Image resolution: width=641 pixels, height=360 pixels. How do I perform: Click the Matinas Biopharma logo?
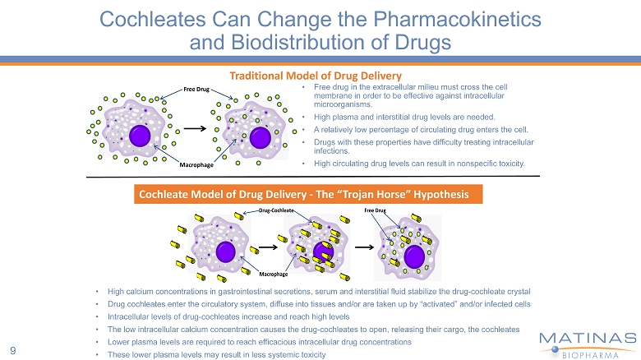click(587, 344)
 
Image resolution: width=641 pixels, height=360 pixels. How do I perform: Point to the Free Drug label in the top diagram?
click(196, 89)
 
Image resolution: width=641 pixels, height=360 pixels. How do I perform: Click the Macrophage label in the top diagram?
click(198, 165)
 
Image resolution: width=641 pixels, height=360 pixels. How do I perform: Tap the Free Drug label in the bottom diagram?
click(375, 211)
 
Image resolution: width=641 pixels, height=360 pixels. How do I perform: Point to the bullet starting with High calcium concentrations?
click(319, 291)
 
